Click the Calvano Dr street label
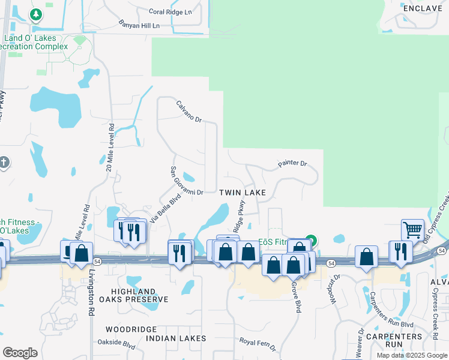pyautogui.click(x=189, y=112)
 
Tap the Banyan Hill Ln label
pyautogui.click(x=140, y=26)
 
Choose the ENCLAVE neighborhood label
pyautogui.click(x=423, y=8)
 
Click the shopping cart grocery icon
pyautogui.click(x=412, y=229)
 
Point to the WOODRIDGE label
pyautogui.click(x=131, y=329)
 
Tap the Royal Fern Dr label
pyautogui.click(x=258, y=344)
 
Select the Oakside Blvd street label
pyautogui.click(x=116, y=345)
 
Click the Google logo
pyautogui.click(x=20, y=353)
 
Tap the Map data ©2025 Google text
pyautogui.click(x=412, y=355)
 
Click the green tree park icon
pyautogui.click(x=36, y=14)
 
